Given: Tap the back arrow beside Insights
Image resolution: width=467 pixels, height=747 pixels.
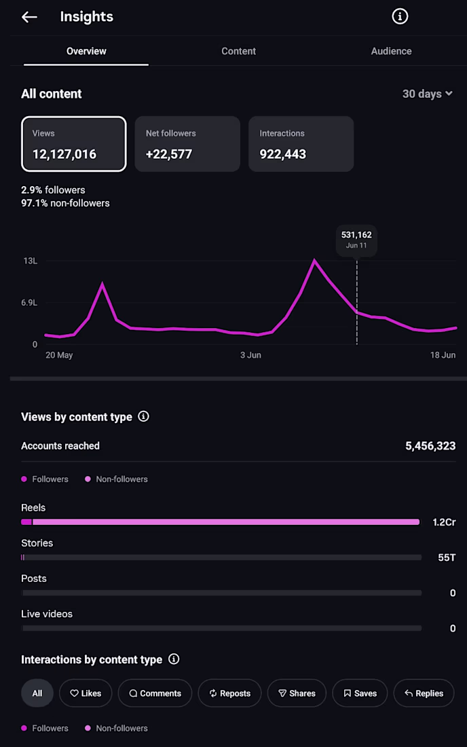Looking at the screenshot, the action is pos(29,17).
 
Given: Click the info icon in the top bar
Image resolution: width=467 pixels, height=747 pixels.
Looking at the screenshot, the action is pos(400,17).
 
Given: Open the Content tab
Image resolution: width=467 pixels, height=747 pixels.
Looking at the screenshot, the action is pos(238,51).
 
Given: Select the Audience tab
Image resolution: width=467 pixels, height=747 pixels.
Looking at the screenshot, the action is pos(391,51).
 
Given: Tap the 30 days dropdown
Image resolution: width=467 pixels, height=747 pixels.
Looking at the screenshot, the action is pos(428,94).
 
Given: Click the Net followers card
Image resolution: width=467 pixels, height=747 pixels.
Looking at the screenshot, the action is pos(187,144).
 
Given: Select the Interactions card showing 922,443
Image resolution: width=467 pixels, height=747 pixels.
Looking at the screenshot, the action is pos(301,144).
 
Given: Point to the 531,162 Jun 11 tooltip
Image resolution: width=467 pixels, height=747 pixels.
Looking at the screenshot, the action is pos(356,240).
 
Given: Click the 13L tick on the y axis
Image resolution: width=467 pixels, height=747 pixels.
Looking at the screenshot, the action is pos(31,261).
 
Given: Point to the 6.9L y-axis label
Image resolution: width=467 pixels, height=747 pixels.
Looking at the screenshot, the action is pos(29,303).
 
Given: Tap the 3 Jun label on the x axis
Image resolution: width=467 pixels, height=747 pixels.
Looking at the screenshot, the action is pos(251,355).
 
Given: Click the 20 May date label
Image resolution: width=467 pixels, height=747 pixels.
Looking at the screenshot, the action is pos(59,355).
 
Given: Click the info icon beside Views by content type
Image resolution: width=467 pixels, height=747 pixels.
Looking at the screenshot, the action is pos(143,416).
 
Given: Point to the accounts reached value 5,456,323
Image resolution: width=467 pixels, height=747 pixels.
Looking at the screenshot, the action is pos(430,446).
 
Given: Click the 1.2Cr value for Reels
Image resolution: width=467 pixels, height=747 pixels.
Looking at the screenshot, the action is pos(444,522).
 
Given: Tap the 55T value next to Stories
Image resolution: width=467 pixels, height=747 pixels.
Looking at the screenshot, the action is pos(447,558).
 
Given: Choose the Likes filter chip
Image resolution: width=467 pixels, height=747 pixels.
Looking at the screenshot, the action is pos(86,693).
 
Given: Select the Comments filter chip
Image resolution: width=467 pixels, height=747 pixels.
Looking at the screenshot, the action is pos(155,693).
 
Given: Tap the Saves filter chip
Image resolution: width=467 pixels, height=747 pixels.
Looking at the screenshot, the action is pos(360,693).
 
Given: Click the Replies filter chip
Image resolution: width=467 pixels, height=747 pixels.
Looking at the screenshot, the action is pos(424,693).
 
